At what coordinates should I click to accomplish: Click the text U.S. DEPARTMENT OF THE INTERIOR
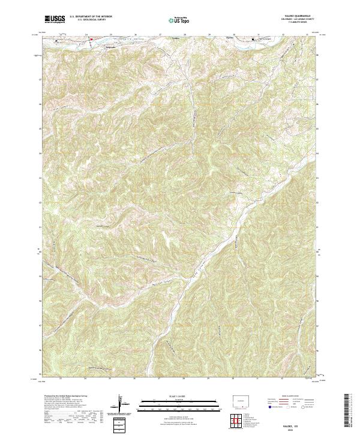click(x=90, y=17)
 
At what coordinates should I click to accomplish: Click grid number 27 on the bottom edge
click(x=160, y=379)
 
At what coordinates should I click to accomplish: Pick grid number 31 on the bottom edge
click(x=258, y=379)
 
